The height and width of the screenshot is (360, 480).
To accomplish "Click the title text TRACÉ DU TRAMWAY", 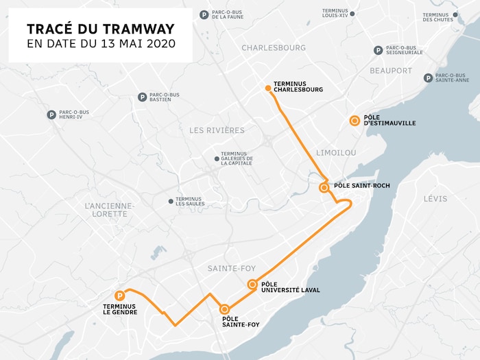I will click(100, 29).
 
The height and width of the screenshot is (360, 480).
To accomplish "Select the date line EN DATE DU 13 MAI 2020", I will click(100, 44).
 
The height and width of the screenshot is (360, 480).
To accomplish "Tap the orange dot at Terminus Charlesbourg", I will click(268, 88).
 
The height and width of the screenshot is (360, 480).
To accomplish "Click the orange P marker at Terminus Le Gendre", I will click(121, 295).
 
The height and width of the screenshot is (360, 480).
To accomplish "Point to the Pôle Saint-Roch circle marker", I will click(324, 187).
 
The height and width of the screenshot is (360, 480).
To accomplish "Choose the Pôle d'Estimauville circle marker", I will click(355, 121).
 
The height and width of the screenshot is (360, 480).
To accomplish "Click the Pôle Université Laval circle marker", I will click(252, 285).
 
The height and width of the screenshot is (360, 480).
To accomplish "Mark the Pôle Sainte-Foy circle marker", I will click(224, 309).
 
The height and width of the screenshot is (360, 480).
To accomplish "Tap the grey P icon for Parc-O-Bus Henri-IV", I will click(51, 115).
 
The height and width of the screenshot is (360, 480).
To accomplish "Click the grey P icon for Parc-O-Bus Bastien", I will click(142, 97).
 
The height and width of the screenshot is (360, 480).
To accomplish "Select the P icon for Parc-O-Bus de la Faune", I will click(204, 14).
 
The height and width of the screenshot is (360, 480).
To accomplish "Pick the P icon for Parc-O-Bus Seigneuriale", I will click(378, 50).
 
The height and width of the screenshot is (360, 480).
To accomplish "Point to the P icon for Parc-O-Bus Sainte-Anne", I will click(428, 78).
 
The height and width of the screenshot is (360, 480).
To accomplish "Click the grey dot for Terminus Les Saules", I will click(171, 201).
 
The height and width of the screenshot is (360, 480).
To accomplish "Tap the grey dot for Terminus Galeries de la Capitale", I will click(217, 158).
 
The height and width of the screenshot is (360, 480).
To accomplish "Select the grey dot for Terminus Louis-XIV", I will click(352, 13).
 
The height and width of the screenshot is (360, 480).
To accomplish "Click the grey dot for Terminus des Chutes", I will click(455, 14).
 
